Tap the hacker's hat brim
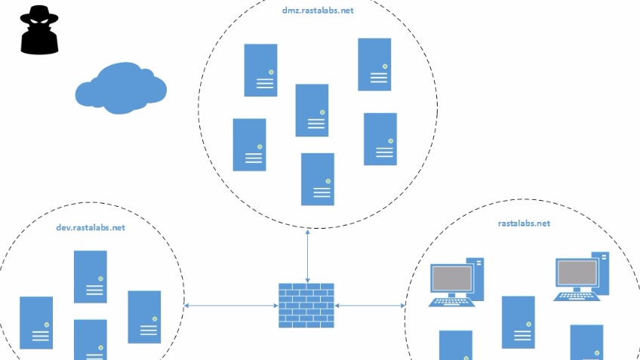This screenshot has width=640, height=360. pos(39,18)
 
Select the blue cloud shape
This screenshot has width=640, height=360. pos(121,88)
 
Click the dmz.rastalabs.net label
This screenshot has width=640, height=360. pos(318,11)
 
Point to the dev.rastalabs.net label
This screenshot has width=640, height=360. pos(91,227)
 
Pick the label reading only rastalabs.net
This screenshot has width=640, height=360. pos(524,223)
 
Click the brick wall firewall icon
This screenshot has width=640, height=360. pos(306,306)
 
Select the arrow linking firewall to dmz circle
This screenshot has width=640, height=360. pos(307,256)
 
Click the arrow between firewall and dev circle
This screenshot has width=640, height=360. pos(231,306)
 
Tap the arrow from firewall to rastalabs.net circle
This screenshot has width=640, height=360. pos(370,306)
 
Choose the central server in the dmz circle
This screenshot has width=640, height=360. pos(312,110)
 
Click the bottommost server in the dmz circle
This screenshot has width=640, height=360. pos(318,179)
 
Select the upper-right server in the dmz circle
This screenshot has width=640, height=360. pos(374,64)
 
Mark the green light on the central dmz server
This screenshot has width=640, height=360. pos(322,112)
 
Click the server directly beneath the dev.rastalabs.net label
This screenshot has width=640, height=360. pos(91,277)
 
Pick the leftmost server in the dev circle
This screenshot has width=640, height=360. pos(36,323)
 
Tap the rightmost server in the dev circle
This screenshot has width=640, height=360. pos(144,317)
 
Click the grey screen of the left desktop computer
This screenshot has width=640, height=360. pos(452,278)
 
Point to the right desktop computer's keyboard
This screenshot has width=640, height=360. pos(577,297)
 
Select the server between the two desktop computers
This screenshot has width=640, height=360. pos(518,322)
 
